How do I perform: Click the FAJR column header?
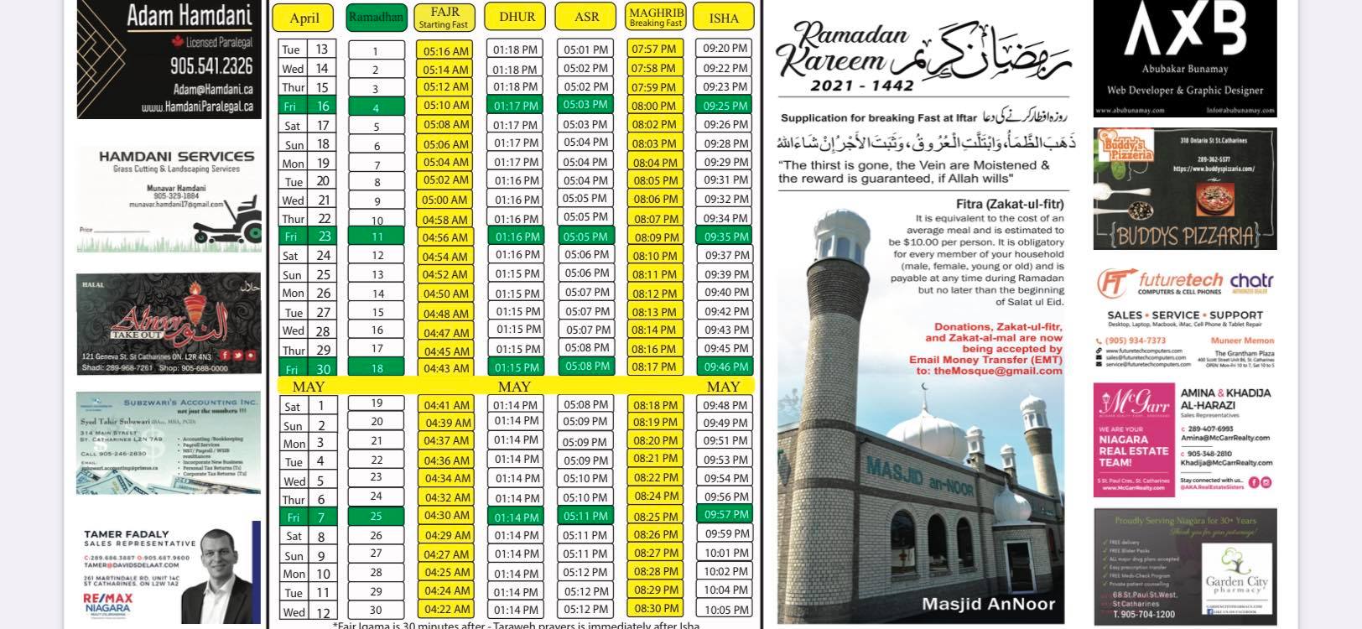coord(444,17)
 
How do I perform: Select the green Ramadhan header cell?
coord(376,17)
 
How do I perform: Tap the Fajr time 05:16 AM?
coord(445,50)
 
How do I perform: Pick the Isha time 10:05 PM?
coord(725,610)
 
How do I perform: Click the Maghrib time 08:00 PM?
coord(654,106)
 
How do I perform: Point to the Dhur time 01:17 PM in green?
coord(516,106)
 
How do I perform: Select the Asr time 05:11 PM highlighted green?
coord(585,516)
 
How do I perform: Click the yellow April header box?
coord(304,18)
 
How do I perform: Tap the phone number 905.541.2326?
coord(211,65)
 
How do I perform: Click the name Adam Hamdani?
coord(190,15)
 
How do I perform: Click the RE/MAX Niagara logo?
coord(107,603)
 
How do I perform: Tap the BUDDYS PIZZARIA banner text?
coord(1185,234)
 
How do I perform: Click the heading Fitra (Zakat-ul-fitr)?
coord(1010,204)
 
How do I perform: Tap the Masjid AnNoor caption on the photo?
coord(988,603)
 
